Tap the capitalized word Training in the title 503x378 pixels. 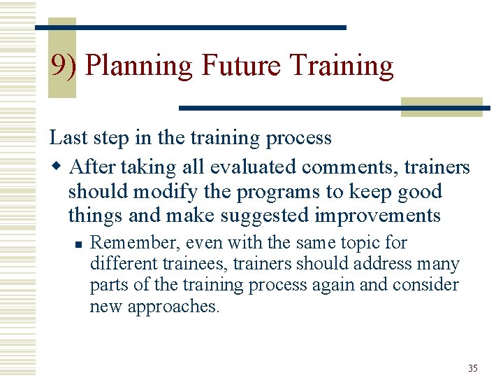pyautogui.click(x=341, y=66)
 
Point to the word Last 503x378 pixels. pyautogui.click(x=68, y=137)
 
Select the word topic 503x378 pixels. pyautogui.click(x=367, y=243)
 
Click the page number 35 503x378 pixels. pyautogui.click(x=473, y=368)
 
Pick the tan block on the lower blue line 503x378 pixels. pyautogui.click(x=442, y=106)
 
